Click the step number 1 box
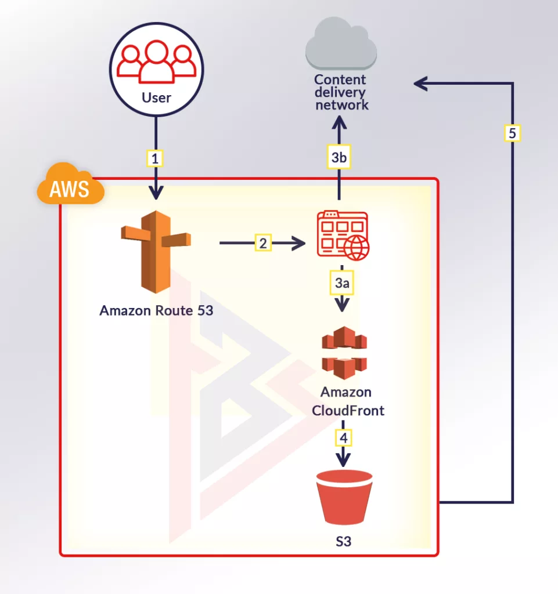coord(154,157)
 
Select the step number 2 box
coord(263,244)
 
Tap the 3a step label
coord(343,284)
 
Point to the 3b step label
coord(340,157)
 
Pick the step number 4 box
coord(344,436)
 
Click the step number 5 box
coord(512,133)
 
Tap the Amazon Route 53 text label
coord(156,310)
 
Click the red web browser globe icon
coord(343,235)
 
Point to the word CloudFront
coord(348,410)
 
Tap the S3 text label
coord(344,542)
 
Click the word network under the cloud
coord(341,105)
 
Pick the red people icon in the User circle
coord(156,62)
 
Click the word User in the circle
coord(156,97)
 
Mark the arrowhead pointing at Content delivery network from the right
coord(420,84)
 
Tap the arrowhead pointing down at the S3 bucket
coord(344,460)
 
